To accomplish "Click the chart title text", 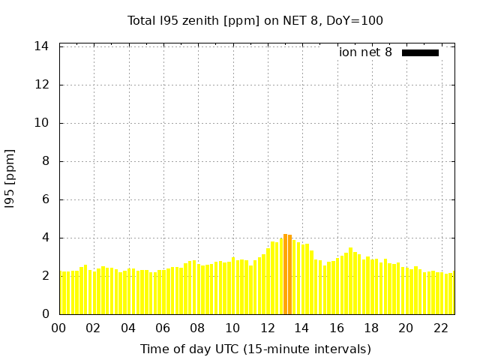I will click(255, 20).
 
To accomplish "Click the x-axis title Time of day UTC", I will click(255, 349).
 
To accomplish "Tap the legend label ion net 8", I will click(365, 52).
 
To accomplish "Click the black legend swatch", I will click(420, 52).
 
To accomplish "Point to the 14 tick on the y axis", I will click(42, 46).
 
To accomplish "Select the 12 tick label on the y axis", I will click(42, 85).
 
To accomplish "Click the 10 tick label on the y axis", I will click(42, 123).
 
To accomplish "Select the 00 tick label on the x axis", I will click(59, 328).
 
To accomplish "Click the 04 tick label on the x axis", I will click(128, 328).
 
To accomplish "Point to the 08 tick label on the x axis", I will click(198, 328).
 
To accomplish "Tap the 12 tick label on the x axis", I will click(267, 328).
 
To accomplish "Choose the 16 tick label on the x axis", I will click(337, 328).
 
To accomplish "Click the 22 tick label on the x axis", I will click(440, 328).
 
